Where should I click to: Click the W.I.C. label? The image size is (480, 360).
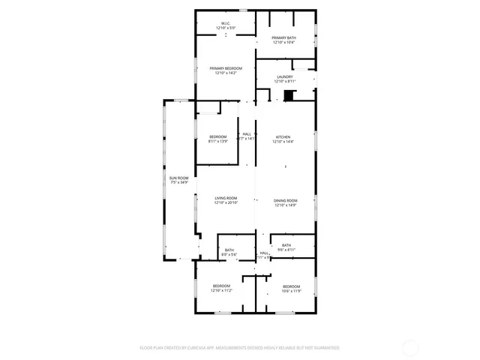coord(225,23)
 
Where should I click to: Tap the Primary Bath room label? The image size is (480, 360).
coord(283,37)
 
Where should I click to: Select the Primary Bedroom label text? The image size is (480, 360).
coord(225,68)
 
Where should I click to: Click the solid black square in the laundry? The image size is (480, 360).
coord(289,95)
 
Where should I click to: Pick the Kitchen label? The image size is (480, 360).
coord(283,136)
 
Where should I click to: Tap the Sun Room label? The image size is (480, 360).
coord(178,178)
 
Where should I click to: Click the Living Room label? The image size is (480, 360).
coord(225,198)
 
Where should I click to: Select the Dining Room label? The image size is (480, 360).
coord(285,200)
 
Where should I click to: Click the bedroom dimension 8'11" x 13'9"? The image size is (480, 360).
coord(217,141)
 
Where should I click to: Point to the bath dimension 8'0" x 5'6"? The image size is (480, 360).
coord(229,255)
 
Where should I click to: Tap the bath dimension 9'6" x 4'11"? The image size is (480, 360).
coord(286,250)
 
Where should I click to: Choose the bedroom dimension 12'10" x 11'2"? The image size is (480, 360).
coord(221,290)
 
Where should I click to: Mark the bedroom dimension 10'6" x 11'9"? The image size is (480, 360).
coord(291,291)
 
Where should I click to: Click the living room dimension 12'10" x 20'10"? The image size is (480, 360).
coord(225,202)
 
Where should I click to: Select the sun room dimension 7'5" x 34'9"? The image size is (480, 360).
coord(178,182)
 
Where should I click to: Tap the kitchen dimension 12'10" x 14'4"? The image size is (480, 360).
coord(283,141)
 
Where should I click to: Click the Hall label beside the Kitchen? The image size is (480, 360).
coord(246,134)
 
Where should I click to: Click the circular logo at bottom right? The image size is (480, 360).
coord(410,347)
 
